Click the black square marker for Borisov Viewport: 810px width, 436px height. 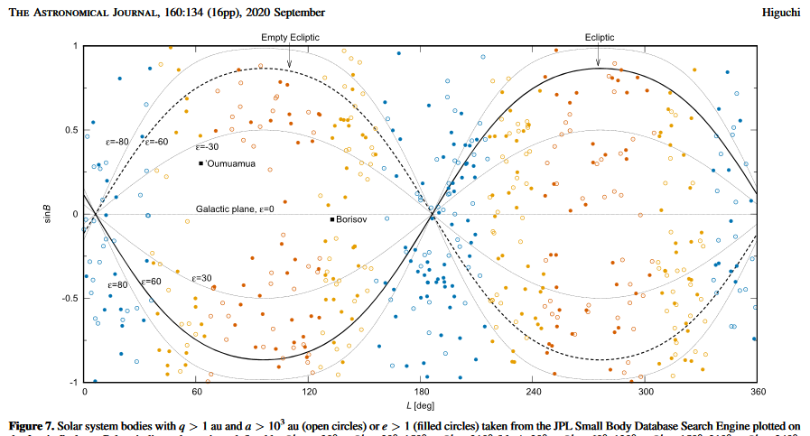[x=332, y=219]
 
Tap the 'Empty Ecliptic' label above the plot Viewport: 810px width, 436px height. [x=290, y=37]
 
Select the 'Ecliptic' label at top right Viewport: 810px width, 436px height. [x=600, y=37]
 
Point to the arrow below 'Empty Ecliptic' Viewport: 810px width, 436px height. [x=289, y=60]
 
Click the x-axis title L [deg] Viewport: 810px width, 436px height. [x=421, y=405]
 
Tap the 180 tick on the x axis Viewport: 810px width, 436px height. [x=421, y=393]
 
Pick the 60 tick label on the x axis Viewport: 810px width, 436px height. [x=196, y=393]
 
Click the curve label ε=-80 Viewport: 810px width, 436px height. [x=117, y=142]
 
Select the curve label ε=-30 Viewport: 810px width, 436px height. [x=209, y=146]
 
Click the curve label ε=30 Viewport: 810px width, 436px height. [x=200, y=278]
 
